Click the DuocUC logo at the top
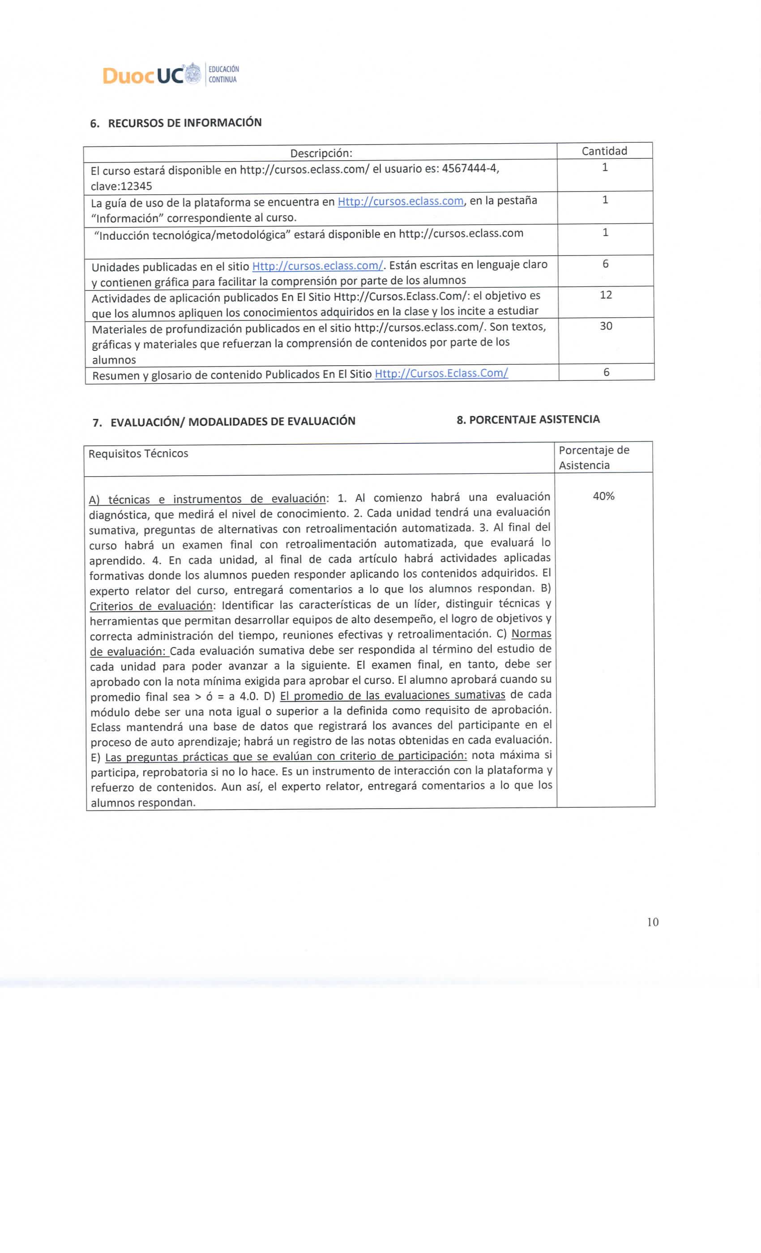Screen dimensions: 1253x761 click(x=151, y=75)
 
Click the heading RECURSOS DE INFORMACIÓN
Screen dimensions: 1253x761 click(x=184, y=123)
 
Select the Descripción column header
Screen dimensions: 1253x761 click(x=321, y=153)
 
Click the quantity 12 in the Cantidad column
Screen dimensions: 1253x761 click(x=605, y=295)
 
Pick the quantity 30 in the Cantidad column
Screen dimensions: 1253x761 click(x=606, y=326)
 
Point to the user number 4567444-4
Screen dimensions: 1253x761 click(x=470, y=168)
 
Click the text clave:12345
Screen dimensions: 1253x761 click(x=121, y=186)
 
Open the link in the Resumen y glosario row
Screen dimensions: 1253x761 click(x=441, y=373)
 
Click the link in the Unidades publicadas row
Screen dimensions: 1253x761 click(x=317, y=265)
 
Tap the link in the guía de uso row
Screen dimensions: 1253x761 click(x=400, y=201)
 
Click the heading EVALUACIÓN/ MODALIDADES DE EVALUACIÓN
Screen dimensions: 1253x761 click(x=232, y=422)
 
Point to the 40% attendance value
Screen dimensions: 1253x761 click(x=603, y=496)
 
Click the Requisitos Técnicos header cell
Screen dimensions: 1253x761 click(x=138, y=454)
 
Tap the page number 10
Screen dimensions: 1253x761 click(x=653, y=922)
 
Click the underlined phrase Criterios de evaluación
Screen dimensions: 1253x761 click(x=151, y=605)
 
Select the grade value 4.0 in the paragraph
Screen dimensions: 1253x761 click(x=249, y=696)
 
